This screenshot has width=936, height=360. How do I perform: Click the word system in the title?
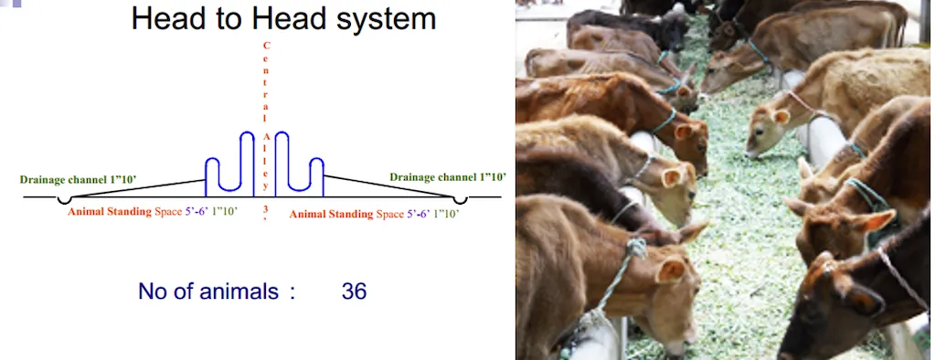[x=377, y=19]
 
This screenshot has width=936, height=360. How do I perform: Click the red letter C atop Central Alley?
[x=266, y=45]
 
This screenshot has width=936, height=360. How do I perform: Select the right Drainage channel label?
[x=448, y=176]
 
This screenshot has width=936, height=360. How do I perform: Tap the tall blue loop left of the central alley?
[x=246, y=161]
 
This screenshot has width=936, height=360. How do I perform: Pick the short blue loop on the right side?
[x=316, y=174]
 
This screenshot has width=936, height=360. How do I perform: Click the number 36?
[x=354, y=292]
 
